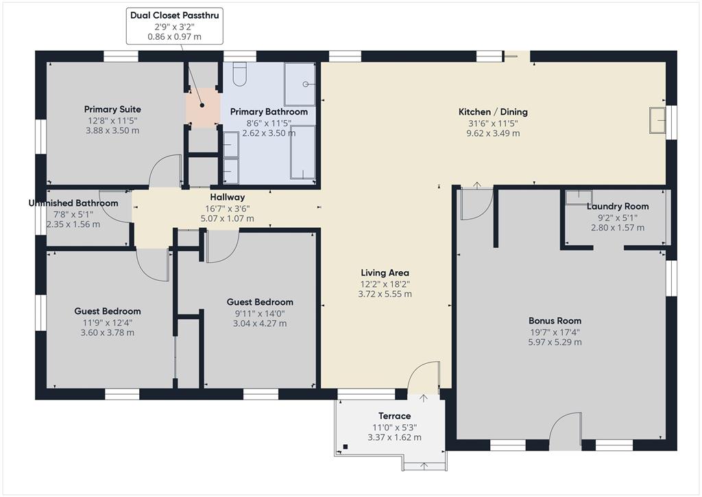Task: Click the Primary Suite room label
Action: [x=112, y=109]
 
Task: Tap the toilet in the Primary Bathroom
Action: [x=240, y=74]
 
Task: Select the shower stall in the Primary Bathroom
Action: [x=300, y=84]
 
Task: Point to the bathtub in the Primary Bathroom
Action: [x=302, y=152]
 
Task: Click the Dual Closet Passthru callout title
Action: [x=175, y=15]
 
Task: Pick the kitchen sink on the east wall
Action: [x=657, y=120]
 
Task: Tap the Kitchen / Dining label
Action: [x=493, y=112]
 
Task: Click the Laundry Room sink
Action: [x=579, y=198]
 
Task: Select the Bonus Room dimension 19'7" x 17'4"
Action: [x=555, y=332]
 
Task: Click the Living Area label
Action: [x=385, y=273]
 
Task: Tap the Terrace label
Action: [x=394, y=416]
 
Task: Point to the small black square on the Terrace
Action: [x=346, y=446]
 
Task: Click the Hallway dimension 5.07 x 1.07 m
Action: [x=228, y=219]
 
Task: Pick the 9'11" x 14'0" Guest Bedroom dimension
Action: [x=260, y=314]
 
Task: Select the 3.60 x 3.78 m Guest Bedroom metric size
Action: [x=108, y=332]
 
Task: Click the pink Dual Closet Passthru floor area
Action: [x=203, y=108]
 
